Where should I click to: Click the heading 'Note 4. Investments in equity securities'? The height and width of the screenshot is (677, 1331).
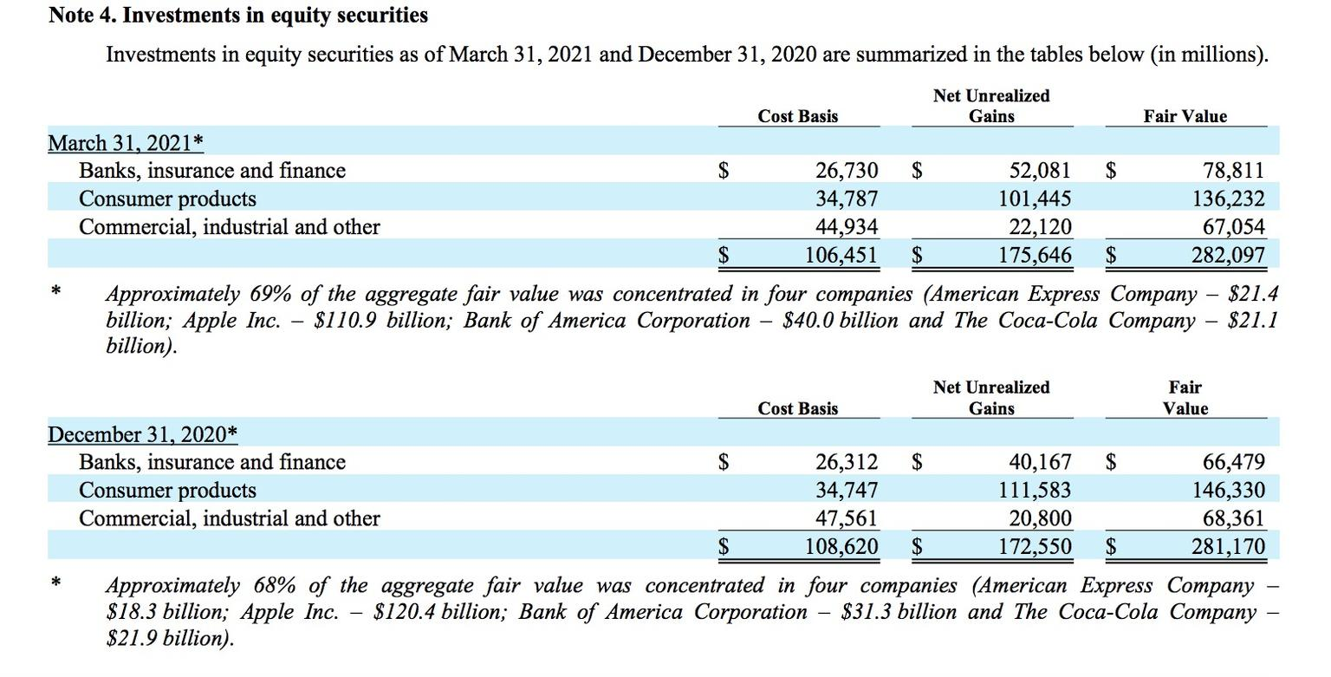pyautogui.click(x=237, y=16)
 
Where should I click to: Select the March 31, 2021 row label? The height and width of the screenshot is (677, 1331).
pyautogui.click(x=126, y=143)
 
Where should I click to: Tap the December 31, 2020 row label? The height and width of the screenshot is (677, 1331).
pyautogui.click(x=143, y=434)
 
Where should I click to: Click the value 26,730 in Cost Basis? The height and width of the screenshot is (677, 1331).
pyautogui.click(x=846, y=171)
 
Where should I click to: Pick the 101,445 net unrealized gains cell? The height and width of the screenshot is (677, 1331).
pyautogui.click(x=1035, y=199)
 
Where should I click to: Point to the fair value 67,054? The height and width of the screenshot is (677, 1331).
pyautogui.click(x=1234, y=226)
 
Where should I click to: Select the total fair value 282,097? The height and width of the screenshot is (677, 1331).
pyautogui.click(x=1228, y=255)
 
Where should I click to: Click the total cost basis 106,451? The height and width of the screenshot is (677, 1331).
pyautogui.click(x=841, y=255)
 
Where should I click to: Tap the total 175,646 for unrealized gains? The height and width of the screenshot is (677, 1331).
pyautogui.click(x=1035, y=255)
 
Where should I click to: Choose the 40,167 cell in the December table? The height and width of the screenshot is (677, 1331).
pyautogui.click(x=1040, y=462)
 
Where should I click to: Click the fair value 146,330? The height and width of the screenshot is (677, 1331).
pyautogui.click(x=1228, y=491)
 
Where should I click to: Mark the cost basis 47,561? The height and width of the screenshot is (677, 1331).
pyautogui.click(x=846, y=518)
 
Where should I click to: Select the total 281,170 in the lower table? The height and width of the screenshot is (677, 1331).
pyautogui.click(x=1228, y=546)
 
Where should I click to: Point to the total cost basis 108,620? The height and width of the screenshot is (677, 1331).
pyautogui.click(x=841, y=546)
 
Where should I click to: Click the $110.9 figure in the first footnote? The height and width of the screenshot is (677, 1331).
pyautogui.click(x=345, y=321)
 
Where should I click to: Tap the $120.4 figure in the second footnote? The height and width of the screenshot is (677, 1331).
pyautogui.click(x=404, y=612)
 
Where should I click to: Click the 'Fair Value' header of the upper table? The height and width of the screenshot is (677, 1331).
pyautogui.click(x=1185, y=116)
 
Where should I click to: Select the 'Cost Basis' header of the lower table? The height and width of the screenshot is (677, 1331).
pyautogui.click(x=797, y=408)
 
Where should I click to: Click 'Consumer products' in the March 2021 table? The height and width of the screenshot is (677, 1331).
pyautogui.click(x=167, y=199)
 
